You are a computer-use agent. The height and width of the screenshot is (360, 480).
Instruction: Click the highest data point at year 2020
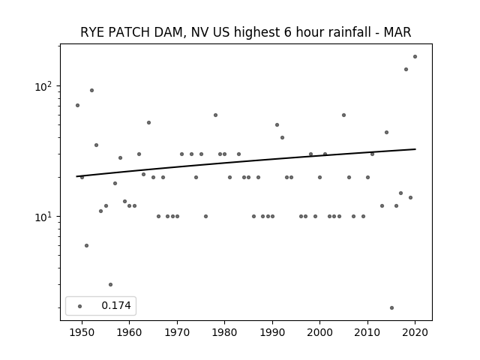coord(415,57)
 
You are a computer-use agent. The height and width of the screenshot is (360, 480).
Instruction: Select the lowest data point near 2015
coord(391,307)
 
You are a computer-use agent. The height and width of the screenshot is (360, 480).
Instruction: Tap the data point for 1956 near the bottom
coord(110,284)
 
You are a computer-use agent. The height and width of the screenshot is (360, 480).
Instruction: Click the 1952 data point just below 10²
coord(91,90)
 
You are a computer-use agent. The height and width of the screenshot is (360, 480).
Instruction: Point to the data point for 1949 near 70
coord(77,105)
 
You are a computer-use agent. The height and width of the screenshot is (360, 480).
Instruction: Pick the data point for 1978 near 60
coord(215,115)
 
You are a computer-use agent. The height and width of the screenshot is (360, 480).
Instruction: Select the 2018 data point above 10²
coord(406,69)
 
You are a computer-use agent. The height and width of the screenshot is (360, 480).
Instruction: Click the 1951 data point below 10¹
coord(87,245)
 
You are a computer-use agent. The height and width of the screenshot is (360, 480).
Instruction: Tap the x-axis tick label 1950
coord(82,332)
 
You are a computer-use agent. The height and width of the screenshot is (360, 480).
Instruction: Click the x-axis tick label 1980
coord(224,332)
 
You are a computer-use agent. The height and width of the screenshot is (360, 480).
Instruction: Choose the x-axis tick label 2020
coord(415,332)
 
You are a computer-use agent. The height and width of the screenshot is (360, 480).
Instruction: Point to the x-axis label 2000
coord(320,332)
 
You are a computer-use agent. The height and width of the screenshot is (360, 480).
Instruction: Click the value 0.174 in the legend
coord(116,305)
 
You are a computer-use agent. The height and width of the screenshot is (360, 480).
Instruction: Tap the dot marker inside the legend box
coord(80,306)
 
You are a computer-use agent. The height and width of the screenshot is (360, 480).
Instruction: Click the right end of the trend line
coord(415,149)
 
